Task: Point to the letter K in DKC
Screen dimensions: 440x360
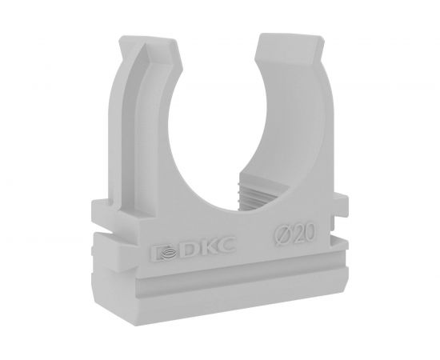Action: tap(207, 247)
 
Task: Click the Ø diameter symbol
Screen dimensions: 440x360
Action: tap(283, 236)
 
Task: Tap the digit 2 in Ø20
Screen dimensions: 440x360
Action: tap(299, 234)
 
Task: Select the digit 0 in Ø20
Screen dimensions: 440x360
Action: tap(310, 232)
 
